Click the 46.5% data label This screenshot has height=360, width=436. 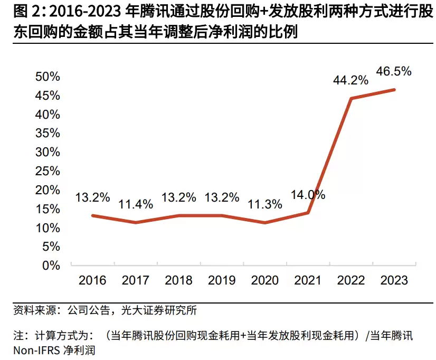pos(393,71)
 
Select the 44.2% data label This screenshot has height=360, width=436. pos(350,80)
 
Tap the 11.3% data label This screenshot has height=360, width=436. pos(264,204)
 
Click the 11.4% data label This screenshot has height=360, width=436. pos(136,204)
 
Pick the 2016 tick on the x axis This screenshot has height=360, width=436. pos(92,280)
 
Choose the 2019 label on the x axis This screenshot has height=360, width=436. pos(221,280)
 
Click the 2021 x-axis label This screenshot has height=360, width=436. pos(307,280)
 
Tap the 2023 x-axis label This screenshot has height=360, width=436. pos(394,280)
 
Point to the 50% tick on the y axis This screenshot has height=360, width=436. pos(48,77)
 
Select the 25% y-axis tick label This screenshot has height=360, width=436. pos(48,171)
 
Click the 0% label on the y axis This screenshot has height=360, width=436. pos(51,266)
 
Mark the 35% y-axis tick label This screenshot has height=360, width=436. pos(48,134)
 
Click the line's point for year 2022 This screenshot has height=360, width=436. pos(350,98)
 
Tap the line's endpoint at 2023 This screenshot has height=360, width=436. pos(394,90)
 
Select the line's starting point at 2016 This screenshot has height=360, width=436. pos(92,215)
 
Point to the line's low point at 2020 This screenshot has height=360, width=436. pos(264,222)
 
